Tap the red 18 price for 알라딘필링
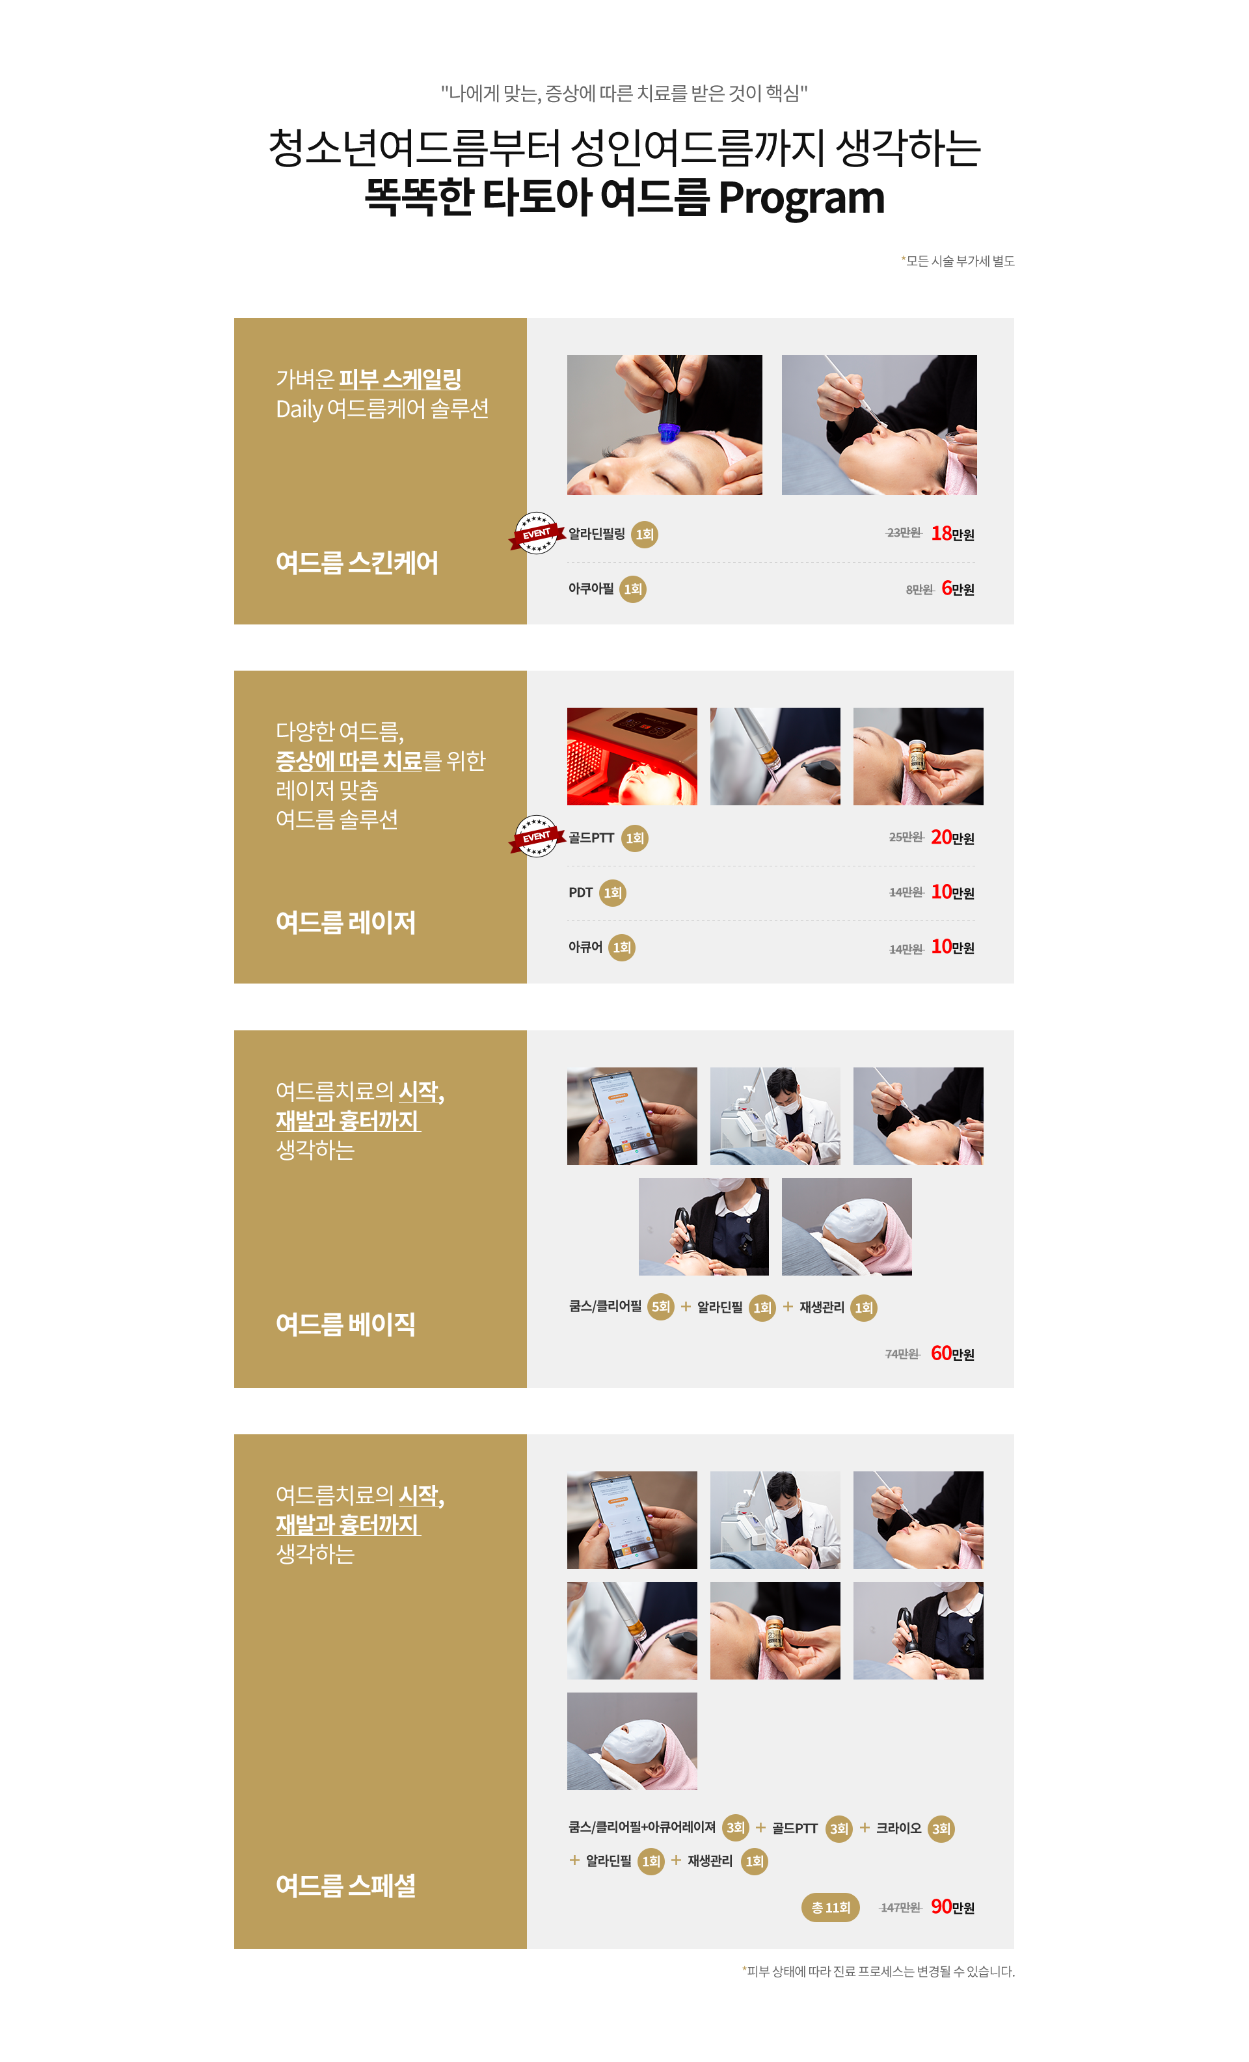pyautogui.click(x=941, y=533)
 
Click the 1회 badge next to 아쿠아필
pyautogui.click(x=633, y=589)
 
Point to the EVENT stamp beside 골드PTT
pyautogui.click(x=536, y=836)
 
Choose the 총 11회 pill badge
pyautogui.click(x=829, y=1907)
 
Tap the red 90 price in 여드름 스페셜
pyautogui.click(x=941, y=1907)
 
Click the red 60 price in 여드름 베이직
pyautogui.click(x=941, y=1353)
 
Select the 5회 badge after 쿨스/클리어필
pyautogui.click(x=660, y=1306)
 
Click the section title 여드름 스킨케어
pyautogui.click(x=356, y=563)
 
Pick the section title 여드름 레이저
pyautogui.click(x=345, y=922)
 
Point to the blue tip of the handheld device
pyautogui.click(x=667, y=433)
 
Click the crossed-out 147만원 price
pyautogui.click(x=900, y=1908)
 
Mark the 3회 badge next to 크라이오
pyautogui.click(x=941, y=1828)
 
